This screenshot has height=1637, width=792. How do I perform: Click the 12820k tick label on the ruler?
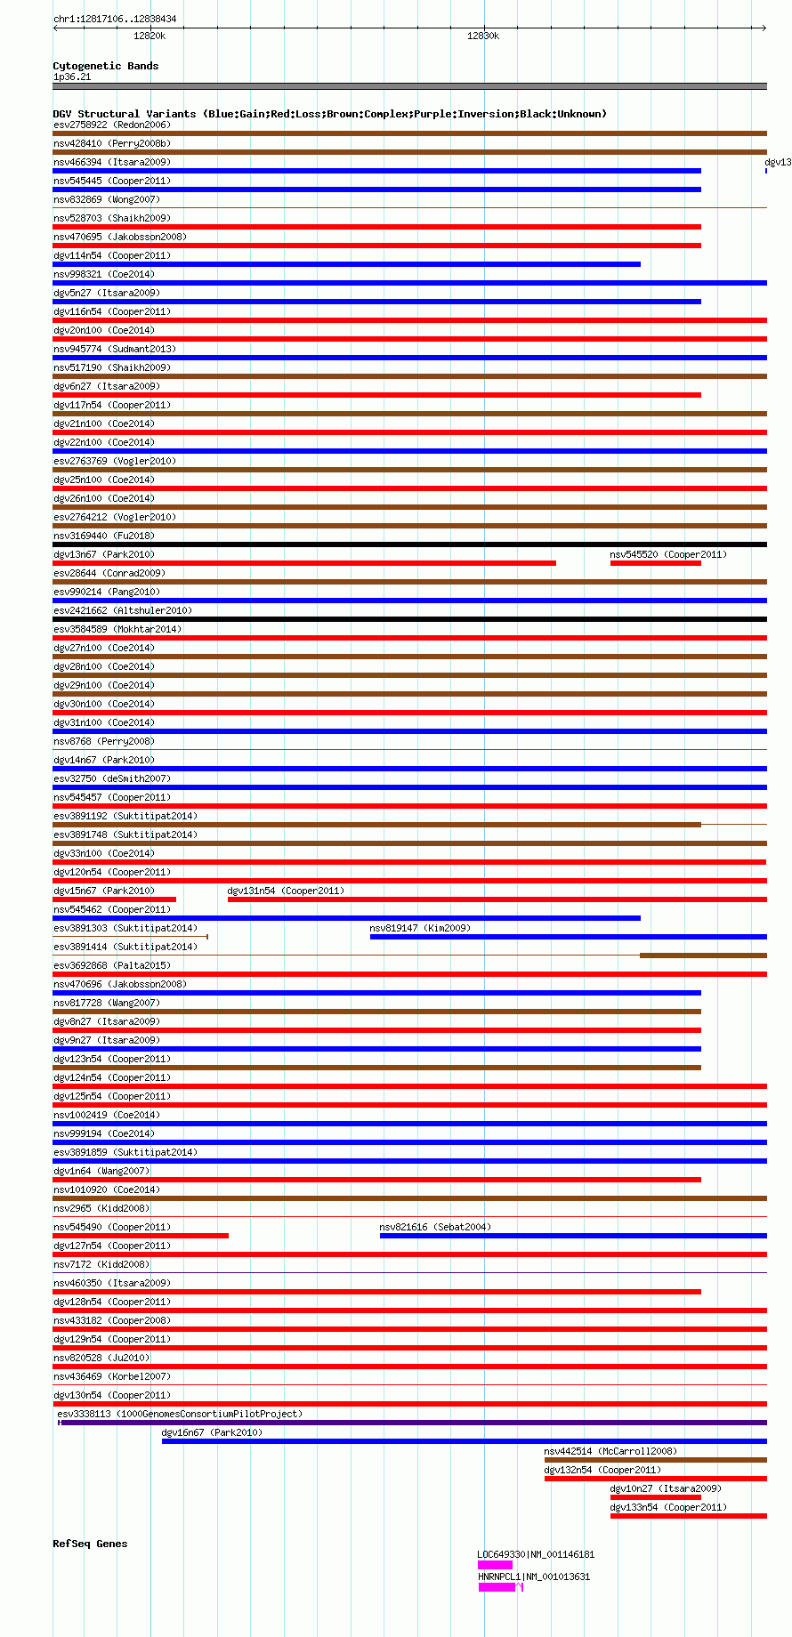pos(149,36)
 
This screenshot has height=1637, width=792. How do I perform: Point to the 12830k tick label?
pos(483,36)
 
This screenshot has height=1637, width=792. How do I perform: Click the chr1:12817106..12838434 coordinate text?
pos(115,19)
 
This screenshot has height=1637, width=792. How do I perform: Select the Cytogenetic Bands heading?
pos(105,66)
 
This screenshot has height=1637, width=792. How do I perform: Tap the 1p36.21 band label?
pos(72,77)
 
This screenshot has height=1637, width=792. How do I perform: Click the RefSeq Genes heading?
pos(90,1544)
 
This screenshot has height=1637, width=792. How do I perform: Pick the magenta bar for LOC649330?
pos(495,1565)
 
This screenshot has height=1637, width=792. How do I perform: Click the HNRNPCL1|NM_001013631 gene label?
pos(534,1577)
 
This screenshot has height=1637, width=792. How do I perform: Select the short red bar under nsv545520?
pos(655,563)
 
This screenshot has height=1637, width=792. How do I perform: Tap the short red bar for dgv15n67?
pos(114,899)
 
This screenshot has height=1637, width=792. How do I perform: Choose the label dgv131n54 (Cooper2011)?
pos(286,891)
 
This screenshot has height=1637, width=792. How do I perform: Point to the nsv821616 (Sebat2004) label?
pos(435,1227)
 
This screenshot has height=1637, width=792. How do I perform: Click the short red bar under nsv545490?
pos(141,1236)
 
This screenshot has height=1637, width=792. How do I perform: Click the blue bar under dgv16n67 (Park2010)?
pos(464,1441)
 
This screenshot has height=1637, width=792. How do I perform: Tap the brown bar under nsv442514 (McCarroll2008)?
pos(655,1460)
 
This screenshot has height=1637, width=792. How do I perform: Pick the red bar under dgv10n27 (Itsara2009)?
pos(655,1497)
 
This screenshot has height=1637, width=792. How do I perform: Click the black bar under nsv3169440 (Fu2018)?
pos(409,544)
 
